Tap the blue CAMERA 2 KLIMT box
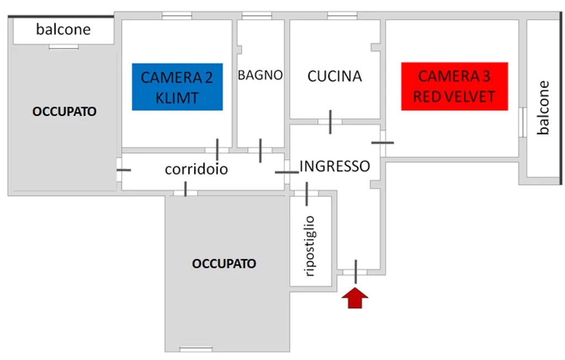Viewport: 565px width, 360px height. [x=177, y=88]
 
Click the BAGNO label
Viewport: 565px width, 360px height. [x=260, y=75]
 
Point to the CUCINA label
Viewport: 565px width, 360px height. [x=335, y=76]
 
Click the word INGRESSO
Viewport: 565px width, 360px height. [x=334, y=166]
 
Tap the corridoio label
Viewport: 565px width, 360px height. [x=196, y=170]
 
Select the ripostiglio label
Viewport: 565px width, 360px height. [x=310, y=246]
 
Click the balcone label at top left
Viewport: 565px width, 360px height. [x=63, y=30]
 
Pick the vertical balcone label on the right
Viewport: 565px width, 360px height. [x=544, y=108]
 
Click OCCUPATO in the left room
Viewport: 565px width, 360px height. [x=65, y=112]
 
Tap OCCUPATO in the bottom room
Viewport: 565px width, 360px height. [x=224, y=263]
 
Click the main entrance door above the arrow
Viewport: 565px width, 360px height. [x=356, y=271]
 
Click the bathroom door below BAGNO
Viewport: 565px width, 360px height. [x=260, y=150]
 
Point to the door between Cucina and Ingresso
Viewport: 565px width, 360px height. [x=330, y=122]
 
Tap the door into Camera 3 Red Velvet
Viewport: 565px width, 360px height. [x=383, y=142]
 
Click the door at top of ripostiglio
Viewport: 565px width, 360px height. [x=307, y=193]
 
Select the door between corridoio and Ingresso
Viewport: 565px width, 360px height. [x=287, y=173]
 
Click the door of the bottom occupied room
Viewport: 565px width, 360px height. [x=185, y=189]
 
